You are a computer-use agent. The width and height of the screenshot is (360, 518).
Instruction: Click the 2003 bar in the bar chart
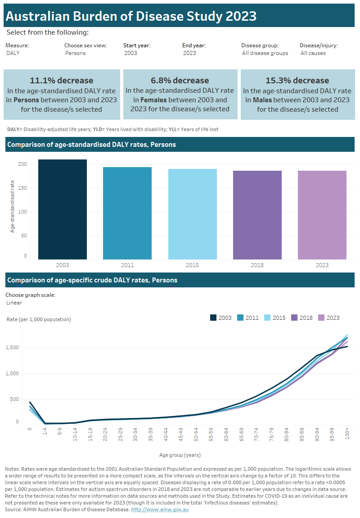pyautogui.click(x=62, y=209)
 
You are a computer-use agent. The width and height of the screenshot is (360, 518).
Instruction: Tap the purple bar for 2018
pyautogui.click(x=257, y=215)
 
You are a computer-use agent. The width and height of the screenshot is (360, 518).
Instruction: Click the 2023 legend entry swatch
pyautogui.click(x=321, y=318)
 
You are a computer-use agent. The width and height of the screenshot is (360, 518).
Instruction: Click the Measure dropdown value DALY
pyautogui.click(x=13, y=53)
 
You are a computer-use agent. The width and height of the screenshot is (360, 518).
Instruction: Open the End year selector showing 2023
pyautogui.click(x=189, y=53)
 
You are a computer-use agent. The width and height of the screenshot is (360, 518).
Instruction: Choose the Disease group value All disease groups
pyautogui.click(x=265, y=53)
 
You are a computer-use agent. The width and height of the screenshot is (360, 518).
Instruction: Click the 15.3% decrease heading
pyautogui.click(x=297, y=81)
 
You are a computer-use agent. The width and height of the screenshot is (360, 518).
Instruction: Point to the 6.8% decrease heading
pyautogui.click(x=180, y=81)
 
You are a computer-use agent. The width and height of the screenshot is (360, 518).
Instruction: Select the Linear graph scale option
pyautogui.click(x=14, y=303)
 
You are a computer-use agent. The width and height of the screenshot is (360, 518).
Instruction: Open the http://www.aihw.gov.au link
pyautogui.click(x=159, y=509)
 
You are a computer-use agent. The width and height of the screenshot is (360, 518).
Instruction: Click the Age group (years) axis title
pyautogui.click(x=180, y=455)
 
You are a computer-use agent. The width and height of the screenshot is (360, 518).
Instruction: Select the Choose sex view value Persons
pyautogui.click(x=75, y=53)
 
